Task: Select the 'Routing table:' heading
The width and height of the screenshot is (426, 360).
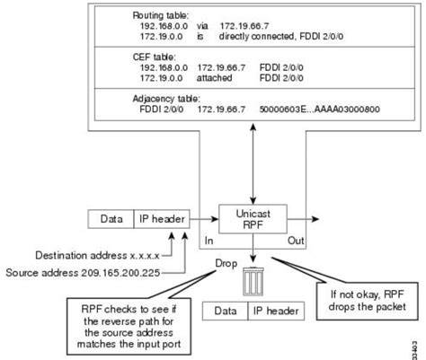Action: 161,16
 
